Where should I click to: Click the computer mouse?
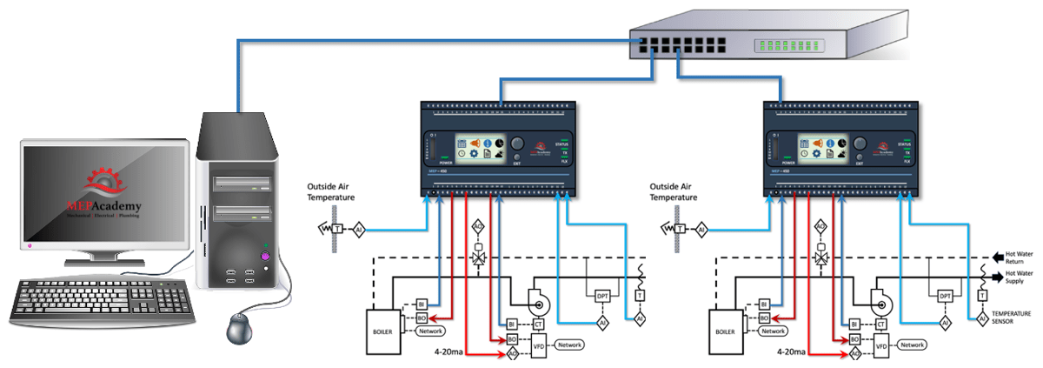point(239,328)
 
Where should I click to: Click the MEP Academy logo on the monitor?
point(103,196)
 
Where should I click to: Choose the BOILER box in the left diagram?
point(384,331)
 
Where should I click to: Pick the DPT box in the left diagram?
point(601,297)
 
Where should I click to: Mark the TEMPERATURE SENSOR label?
point(1012,316)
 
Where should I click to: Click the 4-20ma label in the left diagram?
point(451,353)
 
